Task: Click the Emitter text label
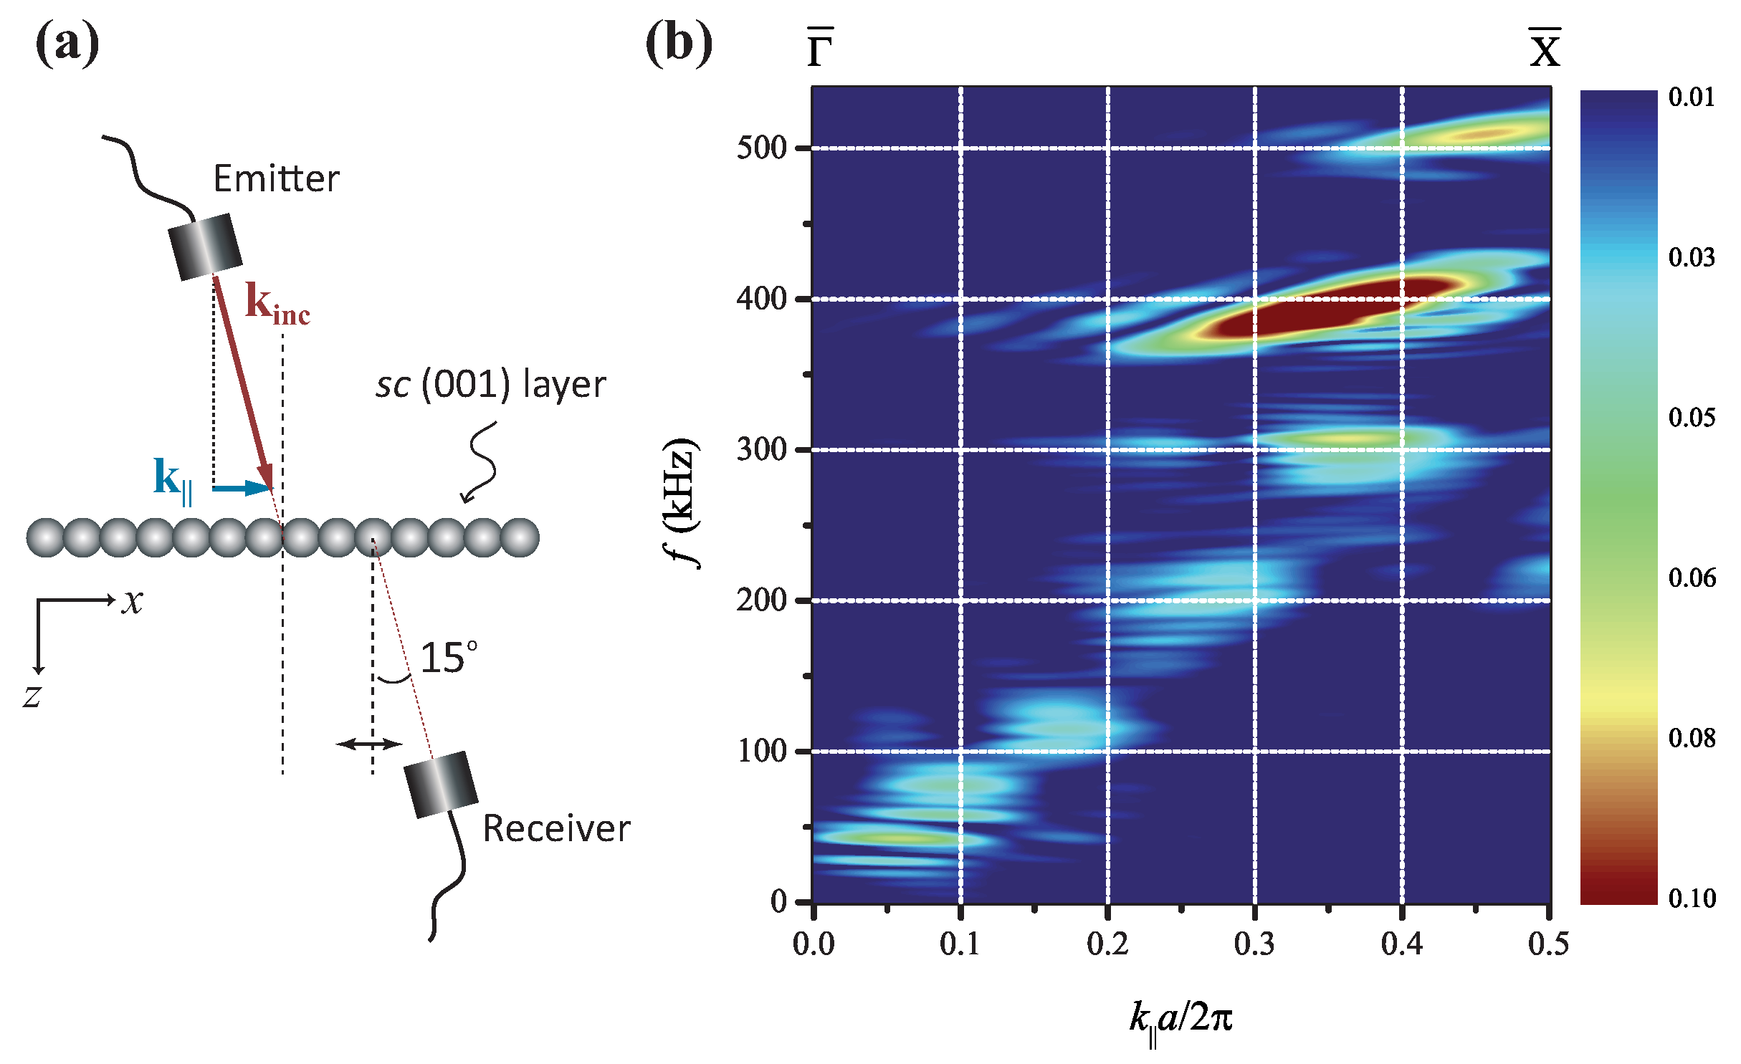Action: (276, 178)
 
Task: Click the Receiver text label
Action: (556, 828)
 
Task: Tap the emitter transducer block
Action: (205, 246)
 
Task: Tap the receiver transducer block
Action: (440, 784)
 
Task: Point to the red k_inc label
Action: (277, 304)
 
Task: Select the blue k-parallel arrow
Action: (242, 488)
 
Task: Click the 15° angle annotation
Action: (448, 658)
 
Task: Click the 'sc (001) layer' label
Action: (490, 385)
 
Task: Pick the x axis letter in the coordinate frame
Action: (132, 601)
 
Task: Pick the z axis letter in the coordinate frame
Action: (32, 696)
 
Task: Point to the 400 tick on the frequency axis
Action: (761, 298)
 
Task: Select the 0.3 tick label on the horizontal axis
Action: (1254, 944)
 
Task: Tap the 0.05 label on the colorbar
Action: (1692, 417)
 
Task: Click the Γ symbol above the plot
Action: (820, 49)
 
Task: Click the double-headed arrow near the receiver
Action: (369, 744)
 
